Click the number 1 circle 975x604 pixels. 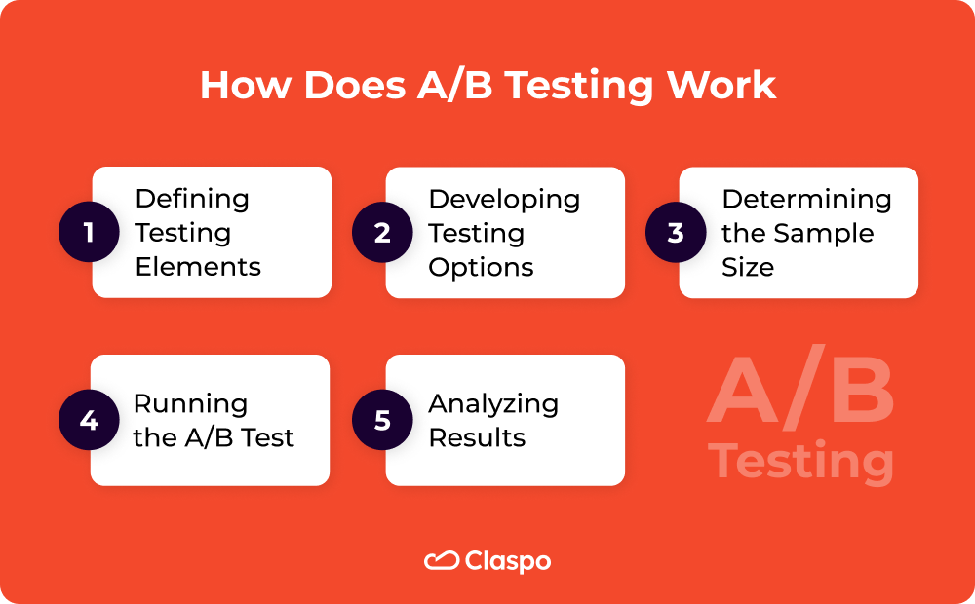89,233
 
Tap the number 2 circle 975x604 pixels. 382,233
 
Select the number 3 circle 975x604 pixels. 676,233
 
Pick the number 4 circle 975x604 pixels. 89,421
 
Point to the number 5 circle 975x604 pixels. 382,421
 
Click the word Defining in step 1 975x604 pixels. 192,199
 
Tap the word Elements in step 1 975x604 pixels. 198,267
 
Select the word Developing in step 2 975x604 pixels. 504,199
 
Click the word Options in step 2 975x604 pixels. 481,267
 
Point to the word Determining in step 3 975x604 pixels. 806,199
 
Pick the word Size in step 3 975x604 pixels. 747,267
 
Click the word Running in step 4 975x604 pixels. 190,403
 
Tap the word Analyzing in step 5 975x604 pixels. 493,403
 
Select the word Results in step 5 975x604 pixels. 477,437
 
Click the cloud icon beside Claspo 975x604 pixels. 441,561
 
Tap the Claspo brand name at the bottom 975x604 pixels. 508,562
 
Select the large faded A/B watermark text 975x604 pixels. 800,390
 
